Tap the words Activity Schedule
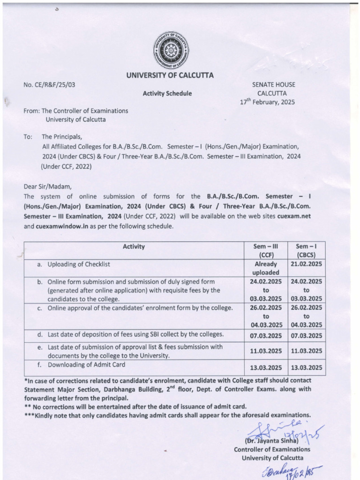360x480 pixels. point(167,93)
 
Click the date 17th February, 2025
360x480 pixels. point(267,102)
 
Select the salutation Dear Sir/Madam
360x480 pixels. point(45,187)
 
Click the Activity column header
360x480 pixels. point(134,247)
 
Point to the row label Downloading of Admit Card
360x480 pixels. point(84,364)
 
